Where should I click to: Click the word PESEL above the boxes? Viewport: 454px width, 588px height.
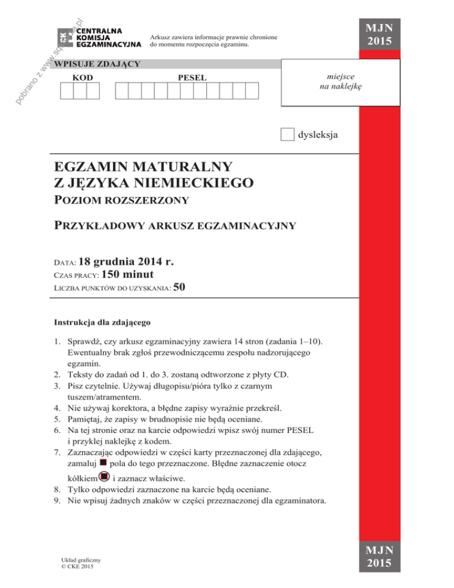193,77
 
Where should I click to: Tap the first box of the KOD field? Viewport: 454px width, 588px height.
67,91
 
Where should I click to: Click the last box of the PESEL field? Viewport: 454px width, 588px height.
253,91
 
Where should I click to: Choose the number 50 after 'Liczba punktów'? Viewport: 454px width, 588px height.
180,287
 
